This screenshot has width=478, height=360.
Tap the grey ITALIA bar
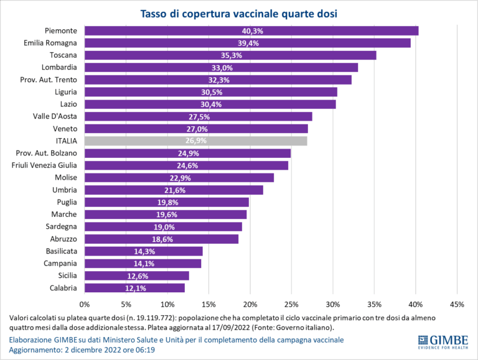195,141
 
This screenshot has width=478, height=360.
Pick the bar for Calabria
134,288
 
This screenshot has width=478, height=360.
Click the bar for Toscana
230,55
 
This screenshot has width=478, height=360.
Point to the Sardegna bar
163,227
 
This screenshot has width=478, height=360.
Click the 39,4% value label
248,43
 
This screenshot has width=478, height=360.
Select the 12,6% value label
137,275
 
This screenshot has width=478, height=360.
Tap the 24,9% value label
188,154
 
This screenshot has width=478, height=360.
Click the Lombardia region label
59,67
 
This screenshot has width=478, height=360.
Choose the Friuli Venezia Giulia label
44,165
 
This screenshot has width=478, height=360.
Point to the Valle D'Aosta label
55,116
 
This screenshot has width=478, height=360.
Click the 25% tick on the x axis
291,305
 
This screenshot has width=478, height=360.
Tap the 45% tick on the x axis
457,305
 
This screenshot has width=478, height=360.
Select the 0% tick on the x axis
85,305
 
